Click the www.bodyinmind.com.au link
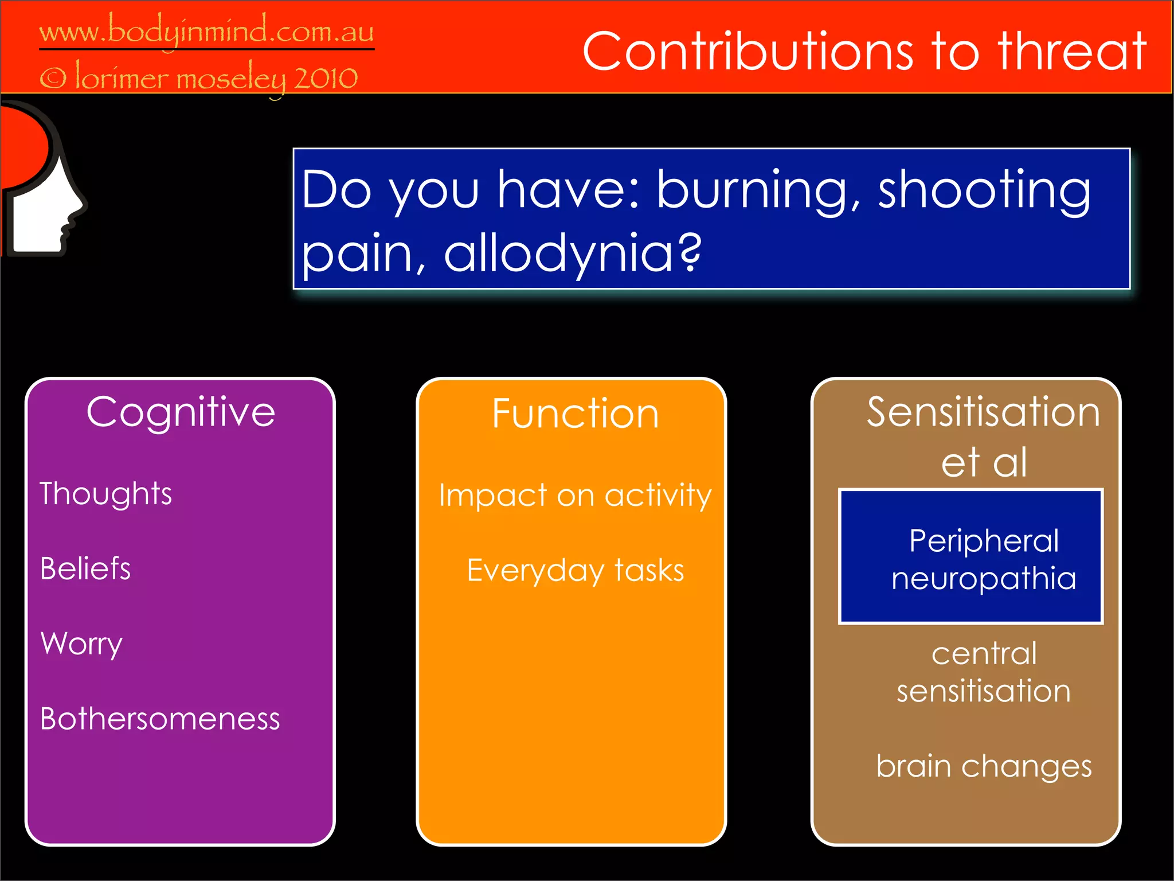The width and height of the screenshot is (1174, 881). click(206, 32)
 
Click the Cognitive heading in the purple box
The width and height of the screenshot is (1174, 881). click(181, 412)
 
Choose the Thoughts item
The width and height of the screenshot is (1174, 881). click(106, 494)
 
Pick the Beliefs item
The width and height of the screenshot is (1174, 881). click(85, 568)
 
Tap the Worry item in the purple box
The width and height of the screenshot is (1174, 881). click(81, 644)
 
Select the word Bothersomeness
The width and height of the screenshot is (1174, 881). click(160, 719)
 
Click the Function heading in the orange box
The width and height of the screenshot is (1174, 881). click(575, 414)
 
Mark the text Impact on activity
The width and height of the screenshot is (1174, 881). click(575, 495)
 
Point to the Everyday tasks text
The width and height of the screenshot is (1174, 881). click(575, 570)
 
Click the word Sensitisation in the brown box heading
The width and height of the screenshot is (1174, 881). click(983, 412)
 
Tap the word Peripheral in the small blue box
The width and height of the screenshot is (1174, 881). click(984, 540)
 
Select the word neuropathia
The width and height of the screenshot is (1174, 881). click(984, 578)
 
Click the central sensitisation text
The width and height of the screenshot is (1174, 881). click(984, 672)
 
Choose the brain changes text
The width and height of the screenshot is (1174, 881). click(984, 766)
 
